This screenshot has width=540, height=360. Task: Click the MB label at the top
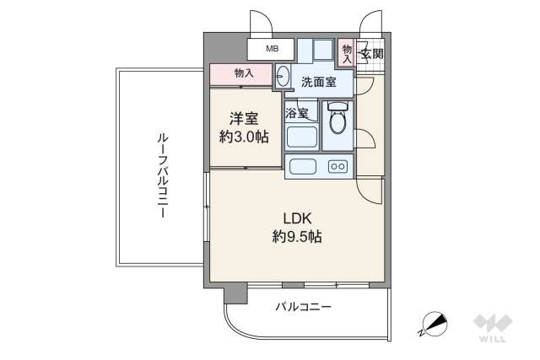click(x=272, y=49)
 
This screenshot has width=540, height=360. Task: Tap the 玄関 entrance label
click(x=370, y=54)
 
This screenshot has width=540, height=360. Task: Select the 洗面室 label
click(x=318, y=82)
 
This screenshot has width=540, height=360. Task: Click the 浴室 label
click(x=296, y=111)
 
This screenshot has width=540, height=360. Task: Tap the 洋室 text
click(x=245, y=118)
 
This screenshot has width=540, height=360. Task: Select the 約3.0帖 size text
click(x=245, y=137)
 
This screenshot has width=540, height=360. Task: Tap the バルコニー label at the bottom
click(x=304, y=308)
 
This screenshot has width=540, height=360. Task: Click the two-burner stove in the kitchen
click(x=337, y=166)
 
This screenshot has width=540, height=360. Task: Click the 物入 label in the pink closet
click(x=244, y=73)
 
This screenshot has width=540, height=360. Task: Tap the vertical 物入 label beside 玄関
click(x=347, y=54)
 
